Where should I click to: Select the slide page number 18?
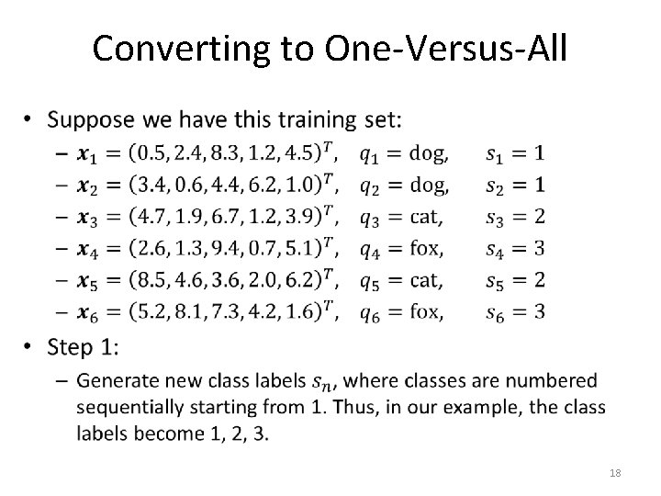click(614, 472)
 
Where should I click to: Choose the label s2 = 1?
click(516, 185)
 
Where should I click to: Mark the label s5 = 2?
click(516, 280)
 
